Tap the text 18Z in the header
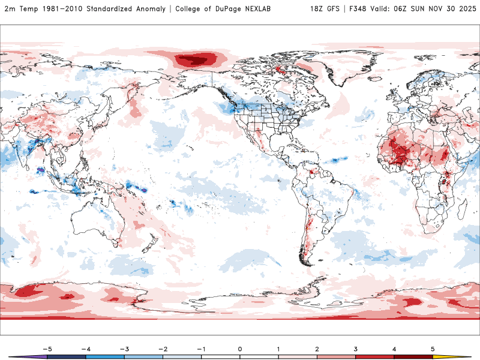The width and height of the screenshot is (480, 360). pos(317,9)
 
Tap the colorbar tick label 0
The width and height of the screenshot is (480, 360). pos(239,348)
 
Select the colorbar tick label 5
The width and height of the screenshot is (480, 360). pos(433,348)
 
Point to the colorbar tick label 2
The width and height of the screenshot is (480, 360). pos(317,348)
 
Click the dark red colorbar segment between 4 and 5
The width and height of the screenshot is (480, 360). pos(413,356)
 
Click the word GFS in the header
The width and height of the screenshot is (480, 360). pos(335,9)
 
